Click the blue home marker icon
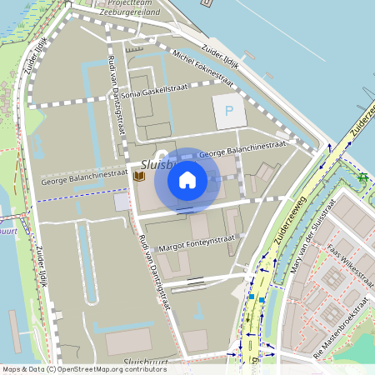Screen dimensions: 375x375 coord(187,180)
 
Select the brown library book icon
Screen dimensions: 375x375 coord(138,176)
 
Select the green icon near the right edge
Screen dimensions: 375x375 coord(362,177)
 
